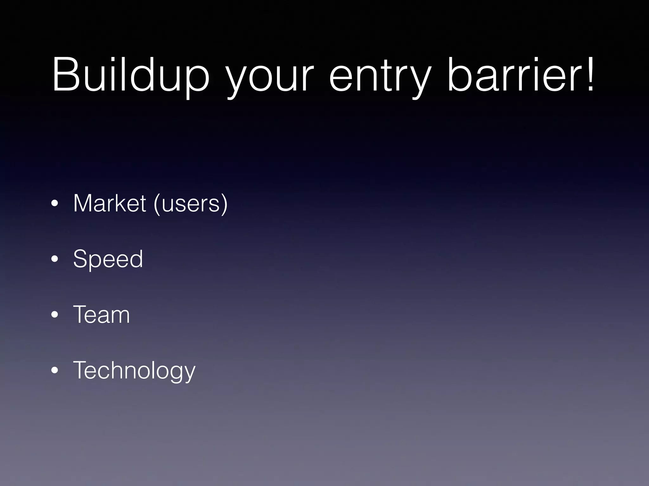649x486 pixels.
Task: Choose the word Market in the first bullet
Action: point(109,203)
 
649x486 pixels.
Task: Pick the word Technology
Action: point(134,371)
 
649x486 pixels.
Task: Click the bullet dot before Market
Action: point(55,204)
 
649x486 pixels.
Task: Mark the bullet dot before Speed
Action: point(55,259)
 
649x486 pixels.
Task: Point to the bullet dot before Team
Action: point(55,315)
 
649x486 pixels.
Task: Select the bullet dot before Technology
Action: point(55,371)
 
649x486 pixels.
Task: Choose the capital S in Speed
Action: point(80,259)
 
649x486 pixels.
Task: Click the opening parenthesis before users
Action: point(156,204)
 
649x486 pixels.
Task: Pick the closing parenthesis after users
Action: point(225,204)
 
